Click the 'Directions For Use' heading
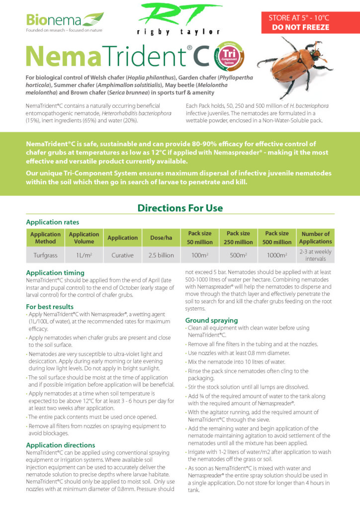[180, 208]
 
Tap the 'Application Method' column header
[45, 238]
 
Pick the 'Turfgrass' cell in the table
[45, 255]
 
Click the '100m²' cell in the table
[200, 255]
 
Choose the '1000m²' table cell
[277, 255]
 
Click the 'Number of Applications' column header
[315, 238]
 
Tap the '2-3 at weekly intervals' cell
[315, 255]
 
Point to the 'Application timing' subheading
[55, 273]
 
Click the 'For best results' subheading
[50, 307]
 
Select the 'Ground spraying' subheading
[211, 320]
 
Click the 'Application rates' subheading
[52, 222]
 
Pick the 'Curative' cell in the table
[122, 255]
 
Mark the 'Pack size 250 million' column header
[238, 238]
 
